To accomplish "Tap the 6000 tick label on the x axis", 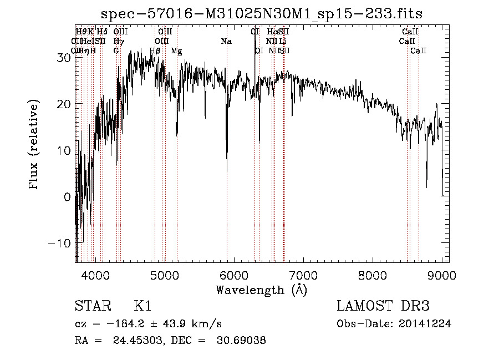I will point(233,274).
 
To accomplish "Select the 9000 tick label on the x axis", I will point(442,274).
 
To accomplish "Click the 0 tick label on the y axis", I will point(67,197).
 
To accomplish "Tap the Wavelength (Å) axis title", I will point(261,290).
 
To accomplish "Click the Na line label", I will point(226,41).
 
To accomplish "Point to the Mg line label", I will point(176,51).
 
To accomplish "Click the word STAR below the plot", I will point(92,306).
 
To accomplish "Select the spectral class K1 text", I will point(142,306).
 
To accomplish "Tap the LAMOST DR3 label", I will point(383,306).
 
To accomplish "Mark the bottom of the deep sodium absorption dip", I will point(227,171).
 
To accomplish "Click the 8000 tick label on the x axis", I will point(373,274).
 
